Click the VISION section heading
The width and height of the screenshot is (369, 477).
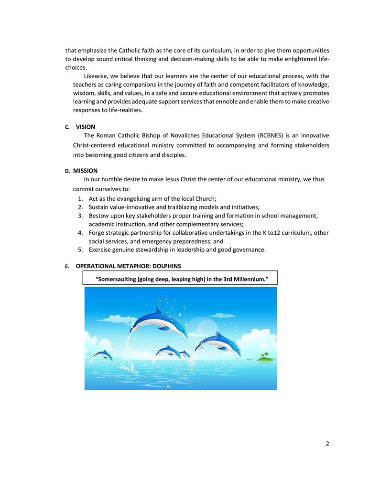[86, 127]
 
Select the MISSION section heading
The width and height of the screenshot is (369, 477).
[85, 171]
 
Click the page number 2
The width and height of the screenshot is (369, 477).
[327, 444]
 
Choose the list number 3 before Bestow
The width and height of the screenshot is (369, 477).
[80, 216]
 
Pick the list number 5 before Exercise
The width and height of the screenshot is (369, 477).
[80, 249]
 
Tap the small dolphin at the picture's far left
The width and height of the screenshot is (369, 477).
[103, 355]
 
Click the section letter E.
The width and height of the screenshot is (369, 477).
[67, 266]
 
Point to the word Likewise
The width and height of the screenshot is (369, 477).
[96, 76]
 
